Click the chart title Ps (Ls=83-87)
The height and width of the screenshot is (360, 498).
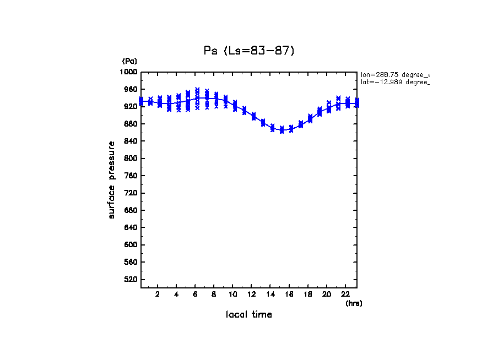coord(249,51)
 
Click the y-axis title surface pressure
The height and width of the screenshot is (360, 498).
coord(112,179)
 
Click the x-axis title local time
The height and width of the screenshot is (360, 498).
coord(249,315)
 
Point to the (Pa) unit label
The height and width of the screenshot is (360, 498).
coord(129,61)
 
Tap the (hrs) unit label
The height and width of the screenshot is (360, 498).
coord(354,303)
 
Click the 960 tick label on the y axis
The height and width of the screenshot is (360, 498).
coord(131,89)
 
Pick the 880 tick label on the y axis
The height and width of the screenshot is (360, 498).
coord(131,124)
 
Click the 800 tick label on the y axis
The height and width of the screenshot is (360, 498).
coord(131,159)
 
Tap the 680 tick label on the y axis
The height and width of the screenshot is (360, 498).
coord(131,210)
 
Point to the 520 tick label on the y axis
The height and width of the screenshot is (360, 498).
coord(131,280)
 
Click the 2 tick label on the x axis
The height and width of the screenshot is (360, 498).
coord(158,294)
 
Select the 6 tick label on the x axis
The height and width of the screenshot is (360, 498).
coord(195,294)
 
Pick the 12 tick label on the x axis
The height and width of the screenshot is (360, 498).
coord(251,294)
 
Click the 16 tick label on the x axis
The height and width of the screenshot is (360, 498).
coord(289,294)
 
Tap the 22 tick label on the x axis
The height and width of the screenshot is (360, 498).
coord(345,294)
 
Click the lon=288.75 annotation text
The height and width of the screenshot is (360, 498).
coord(394,74)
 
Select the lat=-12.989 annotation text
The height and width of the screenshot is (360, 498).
coord(394,82)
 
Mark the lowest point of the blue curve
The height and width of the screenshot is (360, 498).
coord(282,130)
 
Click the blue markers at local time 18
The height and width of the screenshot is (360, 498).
coord(310,118)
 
